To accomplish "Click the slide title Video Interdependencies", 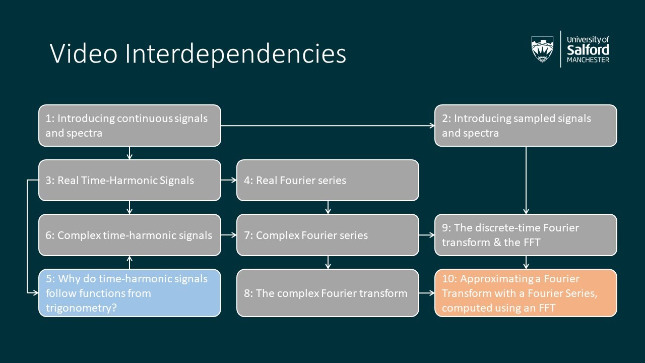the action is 198,54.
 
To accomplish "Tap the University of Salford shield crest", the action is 542,49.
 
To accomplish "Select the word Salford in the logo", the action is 588,50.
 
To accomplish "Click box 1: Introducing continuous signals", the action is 130,126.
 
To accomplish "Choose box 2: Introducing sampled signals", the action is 526,126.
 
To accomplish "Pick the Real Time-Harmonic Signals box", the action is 130,180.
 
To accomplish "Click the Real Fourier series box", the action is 328,180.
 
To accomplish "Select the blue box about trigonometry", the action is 130,293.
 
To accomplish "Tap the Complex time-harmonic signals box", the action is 130,235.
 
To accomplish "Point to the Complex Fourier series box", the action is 328,235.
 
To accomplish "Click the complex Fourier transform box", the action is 328,293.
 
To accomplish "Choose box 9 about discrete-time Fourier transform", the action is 526,235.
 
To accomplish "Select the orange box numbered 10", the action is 526,293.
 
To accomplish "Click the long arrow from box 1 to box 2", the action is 328,126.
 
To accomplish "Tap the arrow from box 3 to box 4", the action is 229,180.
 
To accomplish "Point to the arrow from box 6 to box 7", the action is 229,235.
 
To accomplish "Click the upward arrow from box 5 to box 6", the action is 130,263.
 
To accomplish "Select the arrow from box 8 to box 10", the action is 427,293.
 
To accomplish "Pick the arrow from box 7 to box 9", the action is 427,235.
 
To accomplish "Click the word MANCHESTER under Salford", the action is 588,60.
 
